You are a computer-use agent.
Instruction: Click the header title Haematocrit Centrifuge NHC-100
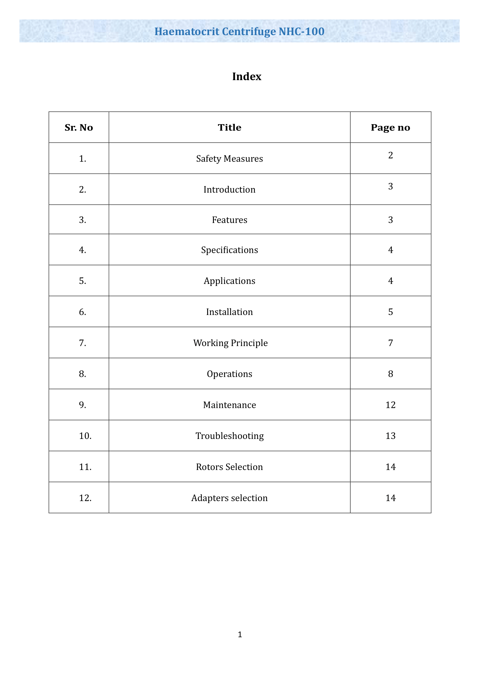(239, 31)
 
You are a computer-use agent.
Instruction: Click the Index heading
(246, 77)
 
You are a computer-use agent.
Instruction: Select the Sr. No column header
(79, 127)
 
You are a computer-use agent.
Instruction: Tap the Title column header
(229, 127)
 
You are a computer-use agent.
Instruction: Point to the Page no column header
(390, 127)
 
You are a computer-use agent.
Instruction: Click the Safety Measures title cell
(229, 159)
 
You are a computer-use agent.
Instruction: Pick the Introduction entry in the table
(229, 190)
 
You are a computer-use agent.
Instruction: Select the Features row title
(229, 220)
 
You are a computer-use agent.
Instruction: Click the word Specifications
(229, 250)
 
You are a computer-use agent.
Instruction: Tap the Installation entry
(229, 312)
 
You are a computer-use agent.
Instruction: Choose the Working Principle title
(230, 343)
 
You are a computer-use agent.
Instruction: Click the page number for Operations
(390, 374)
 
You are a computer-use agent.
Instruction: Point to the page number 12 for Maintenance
(390, 405)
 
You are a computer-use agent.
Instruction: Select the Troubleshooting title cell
(229, 436)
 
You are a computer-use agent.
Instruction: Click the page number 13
(390, 436)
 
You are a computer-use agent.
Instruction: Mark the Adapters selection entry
(229, 498)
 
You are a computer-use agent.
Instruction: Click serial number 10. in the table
(85, 436)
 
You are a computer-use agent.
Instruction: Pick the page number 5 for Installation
(390, 312)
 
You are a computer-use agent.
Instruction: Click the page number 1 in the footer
(240, 634)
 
